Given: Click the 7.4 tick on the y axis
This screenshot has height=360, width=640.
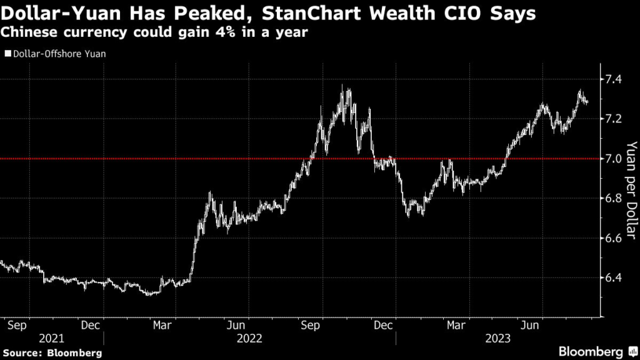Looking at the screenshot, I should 612,79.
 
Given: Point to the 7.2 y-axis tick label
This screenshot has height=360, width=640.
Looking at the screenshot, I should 612,118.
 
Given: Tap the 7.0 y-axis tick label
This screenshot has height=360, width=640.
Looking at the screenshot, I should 612,158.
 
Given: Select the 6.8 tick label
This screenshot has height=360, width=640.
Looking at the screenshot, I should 612,198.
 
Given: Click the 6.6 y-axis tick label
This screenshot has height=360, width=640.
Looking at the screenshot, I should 612,238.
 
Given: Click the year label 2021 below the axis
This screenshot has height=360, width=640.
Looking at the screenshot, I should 51,338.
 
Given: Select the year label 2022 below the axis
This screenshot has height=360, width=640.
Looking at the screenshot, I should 249,338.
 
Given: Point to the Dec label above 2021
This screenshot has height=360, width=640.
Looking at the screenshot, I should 91,325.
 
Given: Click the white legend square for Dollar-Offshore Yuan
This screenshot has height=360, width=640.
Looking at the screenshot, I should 7,54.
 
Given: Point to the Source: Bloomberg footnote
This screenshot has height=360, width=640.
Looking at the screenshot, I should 52,353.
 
